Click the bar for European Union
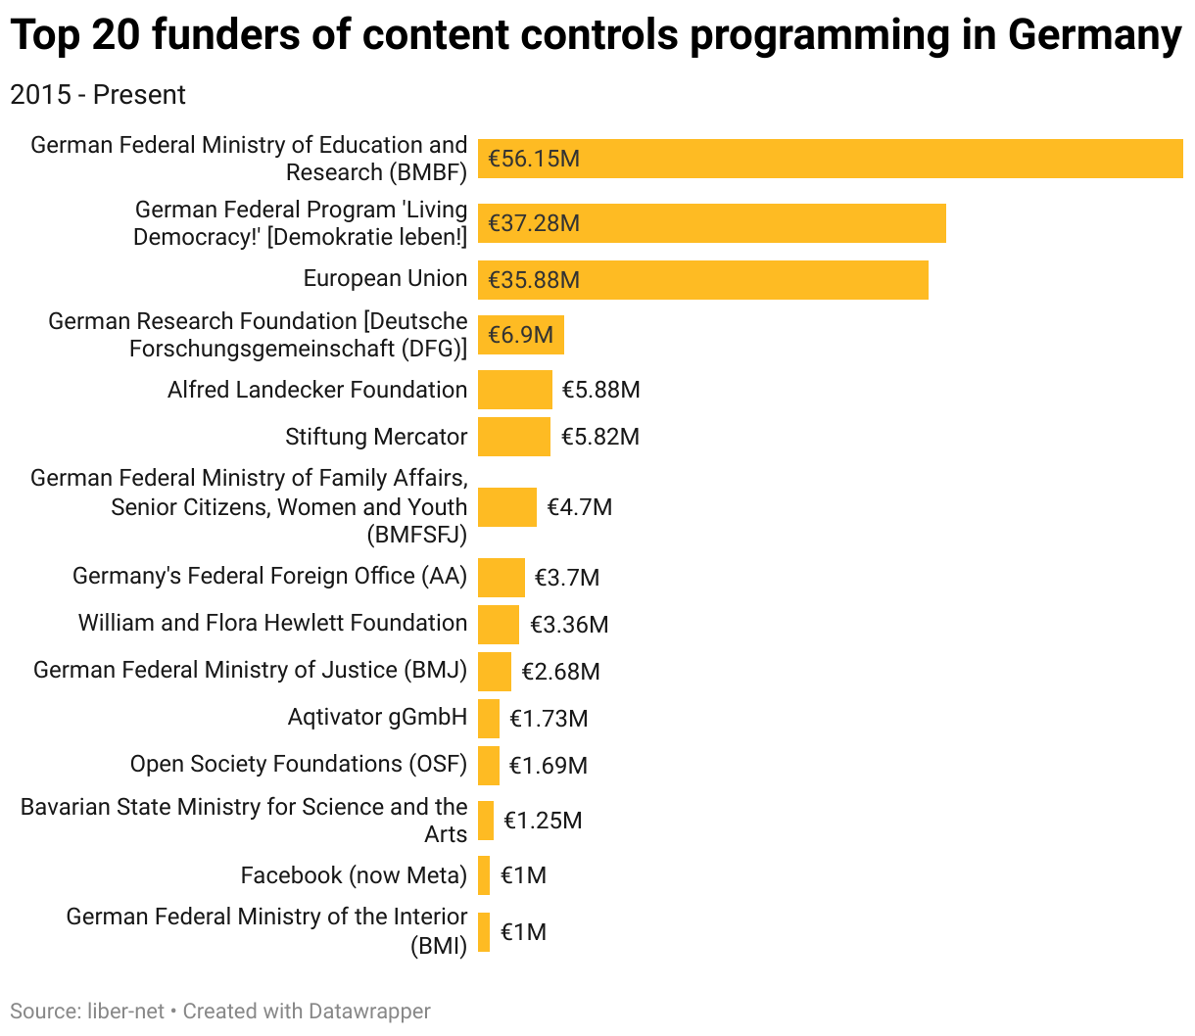[702, 280]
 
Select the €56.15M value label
[534, 159]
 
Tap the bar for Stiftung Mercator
[513, 437]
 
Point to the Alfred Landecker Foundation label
[317, 390]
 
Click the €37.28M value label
[534, 223]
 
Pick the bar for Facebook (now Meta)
[484, 875]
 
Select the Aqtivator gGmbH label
[377, 717]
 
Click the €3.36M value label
[569, 625]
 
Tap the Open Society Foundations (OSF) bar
[488, 766]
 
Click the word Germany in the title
[1094, 35]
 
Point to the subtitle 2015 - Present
[98, 95]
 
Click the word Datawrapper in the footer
[369, 1011]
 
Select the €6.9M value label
[520, 335]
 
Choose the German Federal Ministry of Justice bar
[494, 672]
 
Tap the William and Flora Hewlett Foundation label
[272, 623]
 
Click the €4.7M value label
[579, 507]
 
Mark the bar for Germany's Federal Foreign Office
[501, 578]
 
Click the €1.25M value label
[543, 821]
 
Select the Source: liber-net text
[87, 1011]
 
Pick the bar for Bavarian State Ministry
[486, 821]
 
